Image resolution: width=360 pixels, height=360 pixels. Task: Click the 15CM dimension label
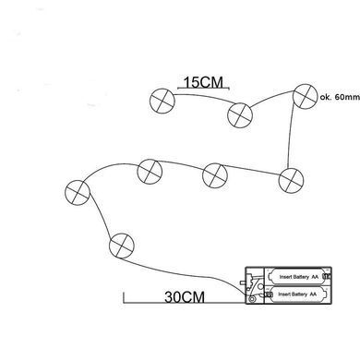(x=203, y=82)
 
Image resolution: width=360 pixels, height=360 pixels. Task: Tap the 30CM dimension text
(x=185, y=297)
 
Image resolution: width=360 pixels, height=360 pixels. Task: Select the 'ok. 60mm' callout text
(x=340, y=97)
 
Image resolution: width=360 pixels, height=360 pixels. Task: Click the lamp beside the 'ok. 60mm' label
(x=305, y=96)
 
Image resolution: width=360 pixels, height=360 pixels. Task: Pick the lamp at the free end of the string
(x=162, y=101)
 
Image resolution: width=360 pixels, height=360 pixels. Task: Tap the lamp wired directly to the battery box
(x=122, y=246)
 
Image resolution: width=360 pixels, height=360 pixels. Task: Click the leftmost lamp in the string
(x=78, y=193)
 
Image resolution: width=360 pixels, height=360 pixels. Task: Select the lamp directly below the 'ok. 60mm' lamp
(x=291, y=181)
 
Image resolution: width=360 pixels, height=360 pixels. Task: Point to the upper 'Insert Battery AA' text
(x=298, y=277)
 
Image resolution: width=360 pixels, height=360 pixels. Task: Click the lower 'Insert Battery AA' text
(x=297, y=294)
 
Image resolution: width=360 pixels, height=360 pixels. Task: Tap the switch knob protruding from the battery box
(x=243, y=282)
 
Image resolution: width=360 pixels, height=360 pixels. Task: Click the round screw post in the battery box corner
(x=252, y=299)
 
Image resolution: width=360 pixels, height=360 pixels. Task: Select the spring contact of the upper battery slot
(x=327, y=277)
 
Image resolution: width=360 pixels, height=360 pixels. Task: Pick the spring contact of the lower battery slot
(x=269, y=294)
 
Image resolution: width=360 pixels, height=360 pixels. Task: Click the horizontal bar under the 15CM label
(x=203, y=89)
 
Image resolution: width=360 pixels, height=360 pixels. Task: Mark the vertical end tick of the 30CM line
(x=124, y=297)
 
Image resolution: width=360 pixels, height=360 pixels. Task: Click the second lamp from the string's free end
(x=240, y=115)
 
